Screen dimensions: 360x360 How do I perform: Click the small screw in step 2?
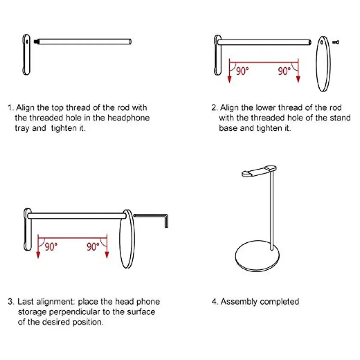pos(335,42)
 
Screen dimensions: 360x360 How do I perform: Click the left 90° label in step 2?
pos(242,71)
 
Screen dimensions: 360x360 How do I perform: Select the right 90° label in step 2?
pos(284,71)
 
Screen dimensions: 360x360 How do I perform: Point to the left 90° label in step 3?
pos(51,247)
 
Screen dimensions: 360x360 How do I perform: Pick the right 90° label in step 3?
pos(93,247)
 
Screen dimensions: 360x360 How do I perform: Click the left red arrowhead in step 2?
pos(229,80)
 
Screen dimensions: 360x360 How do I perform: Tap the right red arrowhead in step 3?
pos(107,255)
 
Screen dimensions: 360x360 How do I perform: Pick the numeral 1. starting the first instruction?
pos(11,108)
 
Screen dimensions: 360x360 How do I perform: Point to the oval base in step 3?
pos(127,238)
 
